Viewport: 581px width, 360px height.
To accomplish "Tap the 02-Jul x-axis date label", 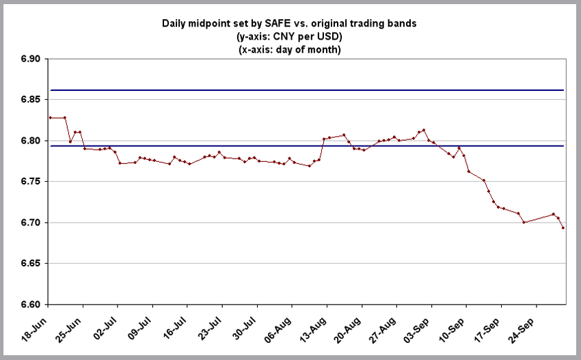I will pyautogui.click(x=111, y=324).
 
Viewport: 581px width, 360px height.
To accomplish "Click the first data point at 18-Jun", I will pyautogui.click(x=50, y=117).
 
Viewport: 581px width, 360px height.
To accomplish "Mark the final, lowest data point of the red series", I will pyautogui.click(x=563, y=227).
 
